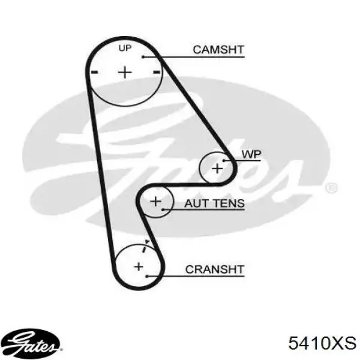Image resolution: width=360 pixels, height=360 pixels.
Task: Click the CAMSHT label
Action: coord(218,50)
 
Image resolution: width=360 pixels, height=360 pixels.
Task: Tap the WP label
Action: coord(251,154)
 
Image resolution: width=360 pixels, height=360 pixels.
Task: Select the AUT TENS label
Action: coord(214,203)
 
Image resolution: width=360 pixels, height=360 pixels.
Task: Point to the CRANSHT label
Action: coord(215,269)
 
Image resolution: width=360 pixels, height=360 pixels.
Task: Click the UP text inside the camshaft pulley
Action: coord(125,48)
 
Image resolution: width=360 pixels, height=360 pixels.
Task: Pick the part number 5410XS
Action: coord(322,343)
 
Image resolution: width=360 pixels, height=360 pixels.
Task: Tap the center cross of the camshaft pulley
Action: coord(125,73)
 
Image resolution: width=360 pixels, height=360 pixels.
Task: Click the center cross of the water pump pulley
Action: coord(217,169)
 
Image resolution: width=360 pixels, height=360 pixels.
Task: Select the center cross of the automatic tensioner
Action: coord(155,202)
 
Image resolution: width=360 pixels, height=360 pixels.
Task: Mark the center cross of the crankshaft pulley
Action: coord(139,266)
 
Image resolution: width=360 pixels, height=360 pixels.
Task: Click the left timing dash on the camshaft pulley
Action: coord(95,73)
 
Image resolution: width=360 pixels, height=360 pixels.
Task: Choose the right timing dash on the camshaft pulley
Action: coord(157,73)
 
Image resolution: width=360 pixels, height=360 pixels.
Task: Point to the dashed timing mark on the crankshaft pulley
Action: coord(146,246)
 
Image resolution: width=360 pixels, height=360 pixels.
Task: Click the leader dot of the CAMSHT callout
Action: coord(143,57)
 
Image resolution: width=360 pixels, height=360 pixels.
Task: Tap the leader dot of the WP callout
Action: coord(224,160)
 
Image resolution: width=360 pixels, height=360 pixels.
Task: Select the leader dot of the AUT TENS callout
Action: coord(163,209)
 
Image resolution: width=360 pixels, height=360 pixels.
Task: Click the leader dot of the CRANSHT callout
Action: coord(147,276)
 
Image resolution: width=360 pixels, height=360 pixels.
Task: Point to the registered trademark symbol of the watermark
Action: coord(331,188)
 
